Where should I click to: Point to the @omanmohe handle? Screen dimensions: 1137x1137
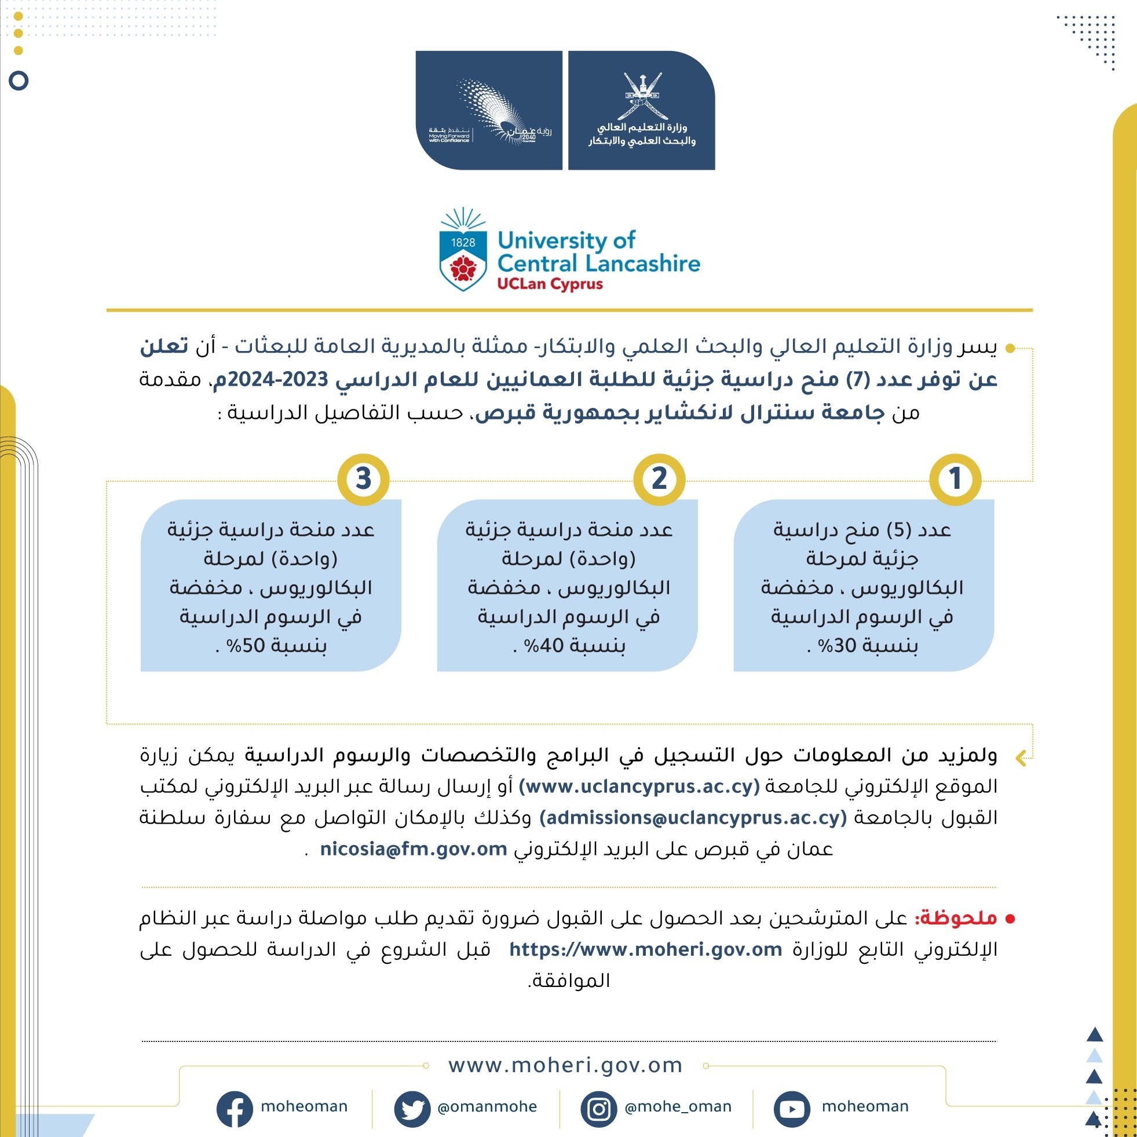tap(487, 1107)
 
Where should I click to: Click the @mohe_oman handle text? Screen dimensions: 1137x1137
tap(678, 1107)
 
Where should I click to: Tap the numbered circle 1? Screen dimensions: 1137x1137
tap(955, 479)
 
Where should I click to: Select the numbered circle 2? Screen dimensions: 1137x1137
tap(659, 479)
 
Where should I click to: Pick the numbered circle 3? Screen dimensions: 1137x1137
tap(363, 479)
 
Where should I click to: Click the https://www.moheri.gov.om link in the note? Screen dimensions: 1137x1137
tap(646, 949)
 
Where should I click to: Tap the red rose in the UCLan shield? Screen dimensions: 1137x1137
tap(463, 269)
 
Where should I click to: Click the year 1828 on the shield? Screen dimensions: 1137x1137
tap(463, 242)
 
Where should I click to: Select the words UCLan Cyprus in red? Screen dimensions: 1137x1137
tap(550, 284)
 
